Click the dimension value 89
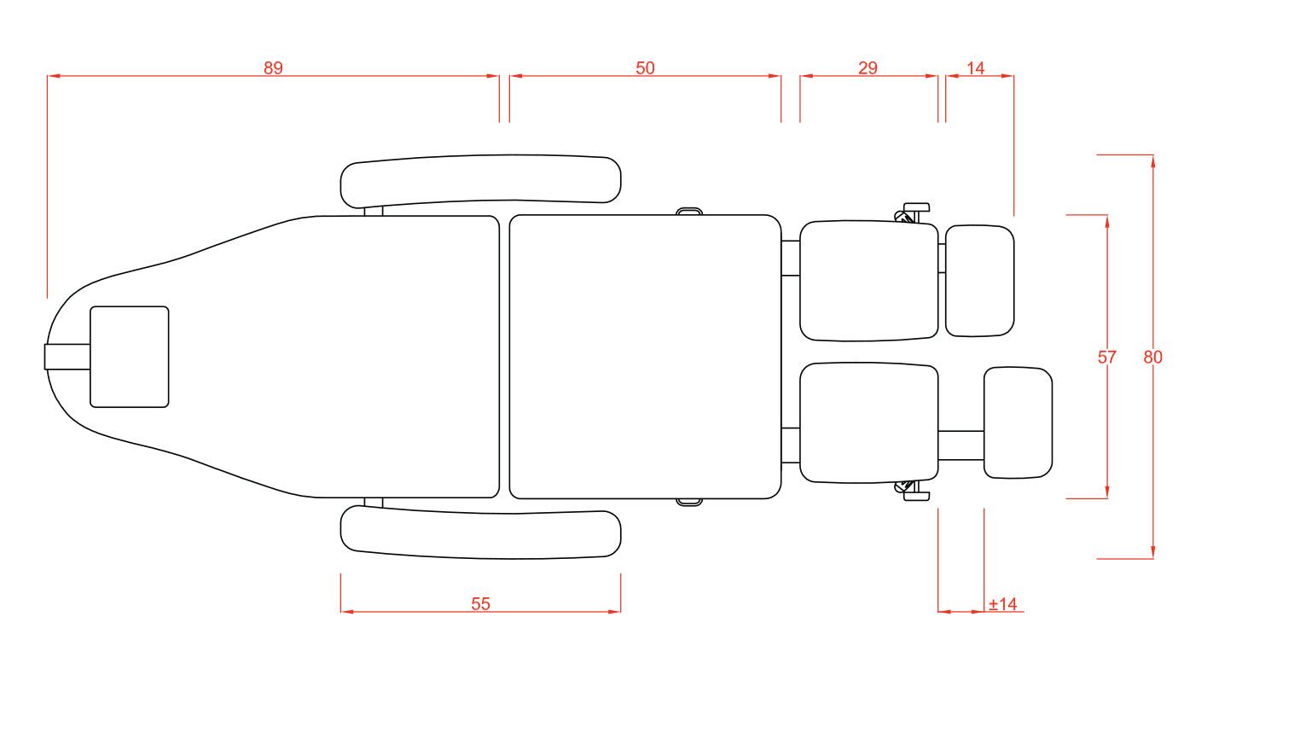[273, 68]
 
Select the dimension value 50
[645, 68]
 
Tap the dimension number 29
[868, 68]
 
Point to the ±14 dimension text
[1003, 604]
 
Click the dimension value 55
[480, 604]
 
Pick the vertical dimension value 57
[1106, 357]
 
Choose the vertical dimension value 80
[1152, 357]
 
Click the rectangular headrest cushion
[130, 357]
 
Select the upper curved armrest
[480, 181]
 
